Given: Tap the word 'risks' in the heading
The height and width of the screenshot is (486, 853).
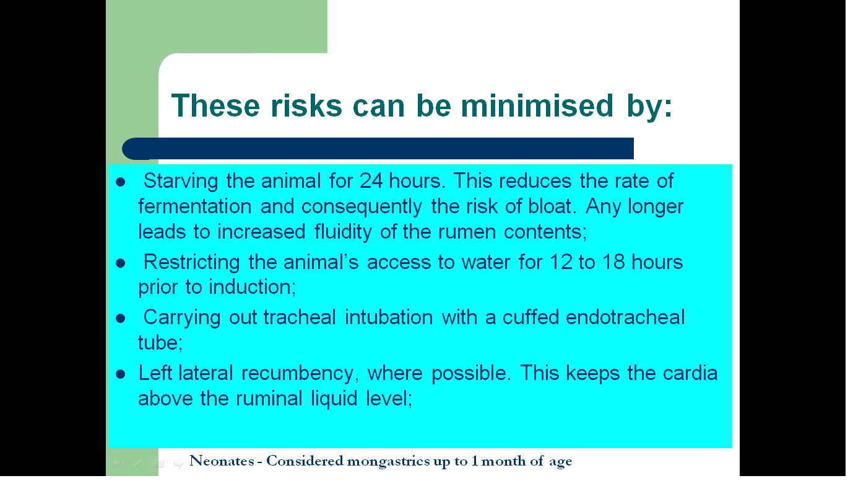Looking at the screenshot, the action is [x=306, y=105].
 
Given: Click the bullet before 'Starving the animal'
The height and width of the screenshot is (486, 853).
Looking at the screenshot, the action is [x=120, y=182].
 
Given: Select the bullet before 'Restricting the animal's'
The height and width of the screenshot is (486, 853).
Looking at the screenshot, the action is [x=120, y=263].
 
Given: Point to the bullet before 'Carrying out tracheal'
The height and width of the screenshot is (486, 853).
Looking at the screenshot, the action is [x=120, y=319].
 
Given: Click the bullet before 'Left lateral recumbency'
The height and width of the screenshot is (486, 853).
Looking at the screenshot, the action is [x=120, y=374].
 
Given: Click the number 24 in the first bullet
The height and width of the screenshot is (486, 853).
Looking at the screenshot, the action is [x=371, y=181].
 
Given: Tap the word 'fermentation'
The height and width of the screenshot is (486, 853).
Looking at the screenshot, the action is [x=194, y=206].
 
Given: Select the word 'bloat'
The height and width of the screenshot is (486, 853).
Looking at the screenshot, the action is [x=550, y=206].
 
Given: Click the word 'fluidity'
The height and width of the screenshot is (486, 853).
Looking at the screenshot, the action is [x=343, y=232].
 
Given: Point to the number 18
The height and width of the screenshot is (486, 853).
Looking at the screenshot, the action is [x=613, y=262].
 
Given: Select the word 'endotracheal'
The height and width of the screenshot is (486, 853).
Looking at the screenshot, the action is [x=625, y=317].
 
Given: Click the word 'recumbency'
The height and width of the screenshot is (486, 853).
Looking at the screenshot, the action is [x=297, y=373].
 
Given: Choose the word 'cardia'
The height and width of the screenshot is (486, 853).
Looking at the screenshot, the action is [x=690, y=373].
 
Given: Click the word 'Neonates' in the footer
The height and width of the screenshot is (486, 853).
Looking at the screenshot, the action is [x=222, y=461].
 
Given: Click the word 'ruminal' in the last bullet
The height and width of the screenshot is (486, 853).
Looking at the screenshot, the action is [x=269, y=399].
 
